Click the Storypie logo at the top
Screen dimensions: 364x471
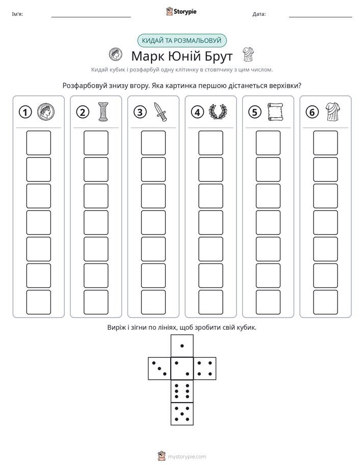pyautogui.click(x=181, y=11)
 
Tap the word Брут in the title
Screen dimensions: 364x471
pyautogui.click(x=219, y=56)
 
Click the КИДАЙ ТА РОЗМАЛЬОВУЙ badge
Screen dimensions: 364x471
pyautogui.click(x=181, y=41)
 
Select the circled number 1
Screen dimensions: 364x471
pyautogui.click(x=25, y=112)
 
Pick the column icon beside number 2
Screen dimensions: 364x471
pyautogui.click(x=103, y=112)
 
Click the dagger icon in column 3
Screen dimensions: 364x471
pyautogui.click(x=161, y=112)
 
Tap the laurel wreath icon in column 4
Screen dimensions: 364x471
pyautogui.click(x=218, y=112)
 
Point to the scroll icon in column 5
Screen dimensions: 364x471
pyautogui.click(x=275, y=112)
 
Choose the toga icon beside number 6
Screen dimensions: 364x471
pyautogui.click(x=333, y=112)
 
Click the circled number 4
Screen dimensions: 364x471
pyautogui.click(x=197, y=112)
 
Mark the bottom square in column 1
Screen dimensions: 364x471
pyautogui.click(x=38, y=302)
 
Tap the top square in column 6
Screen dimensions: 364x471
pyautogui.click(x=325, y=143)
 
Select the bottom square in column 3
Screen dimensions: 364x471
pyautogui.click(x=153, y=302)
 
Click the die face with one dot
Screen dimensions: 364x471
pyautogui.click(x=182, y=346)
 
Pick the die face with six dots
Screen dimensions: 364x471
pyautogui.click(x=182, y=391)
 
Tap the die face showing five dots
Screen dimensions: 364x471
pyautogui.click(x=182, y=414)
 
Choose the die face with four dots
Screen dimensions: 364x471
pyautogui.click(x=205, y=369)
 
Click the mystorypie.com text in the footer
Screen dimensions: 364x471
pyautogui.click(x=187, y=457)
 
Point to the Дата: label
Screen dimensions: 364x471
pyautogui.click(x=259, y=14)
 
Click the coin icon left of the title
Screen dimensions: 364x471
pyautogui.click(x=115, y=55)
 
